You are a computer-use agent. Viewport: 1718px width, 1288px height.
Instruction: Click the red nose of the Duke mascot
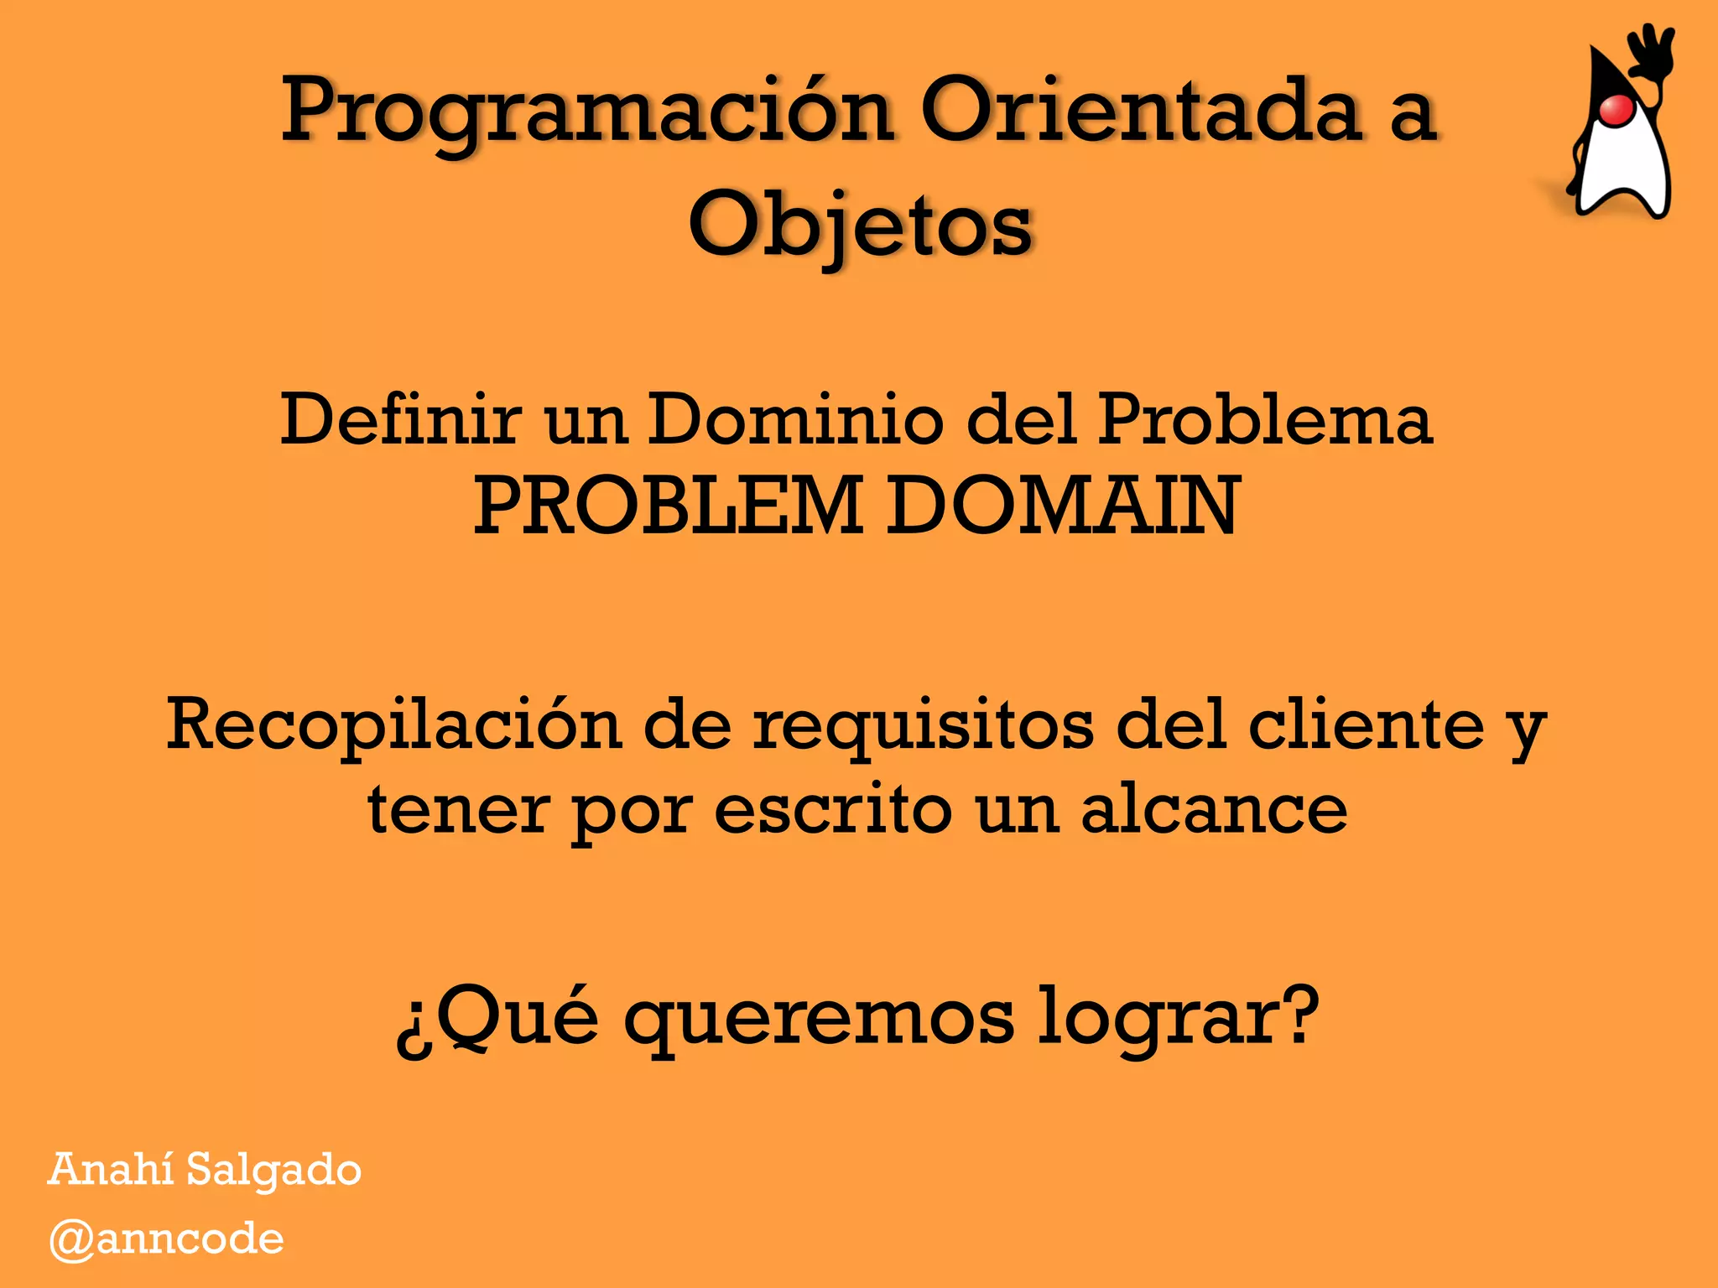[1616, 110]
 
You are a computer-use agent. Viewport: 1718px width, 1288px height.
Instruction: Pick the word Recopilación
[394, 724]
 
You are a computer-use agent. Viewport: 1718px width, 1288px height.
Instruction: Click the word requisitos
[923, 726]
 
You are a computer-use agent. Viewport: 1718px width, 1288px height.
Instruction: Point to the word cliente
[1367, 724]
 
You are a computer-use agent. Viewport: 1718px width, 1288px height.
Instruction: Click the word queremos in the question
[819, 1018]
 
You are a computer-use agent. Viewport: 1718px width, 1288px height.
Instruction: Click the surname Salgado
[273, 1171]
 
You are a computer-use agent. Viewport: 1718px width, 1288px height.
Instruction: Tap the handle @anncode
[166, 1239]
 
